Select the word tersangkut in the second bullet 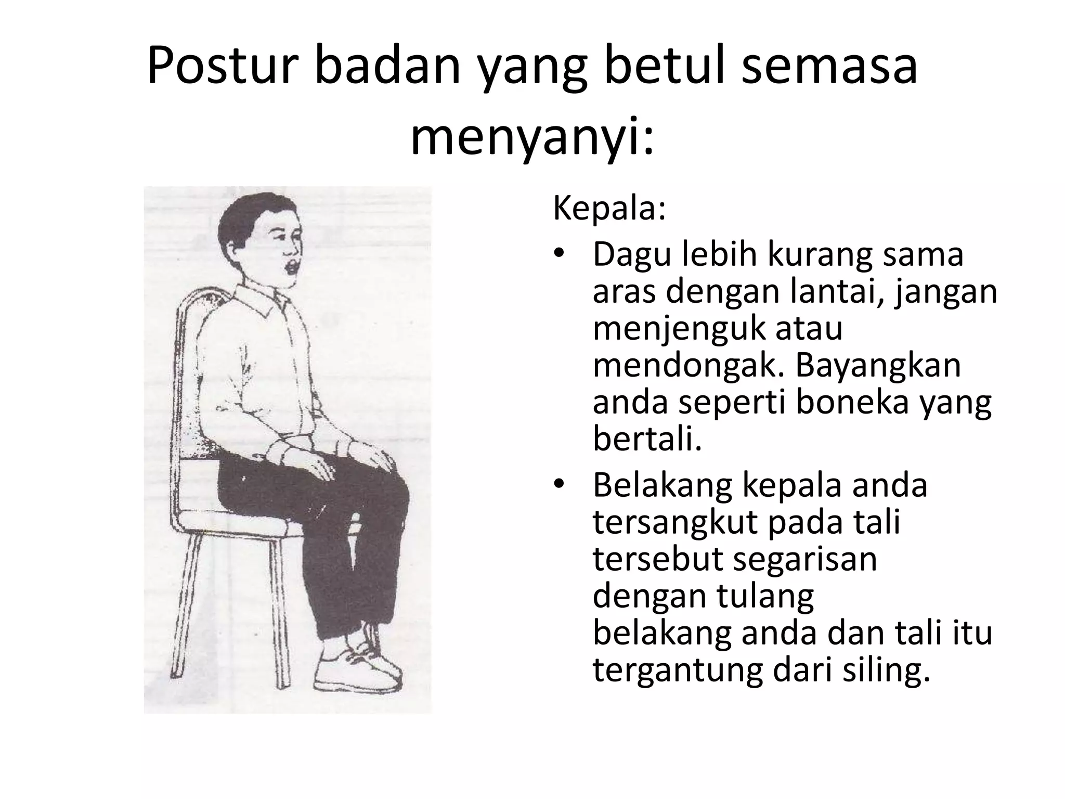[674, 523]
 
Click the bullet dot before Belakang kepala [559, 485]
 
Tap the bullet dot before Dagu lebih [559, 255]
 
